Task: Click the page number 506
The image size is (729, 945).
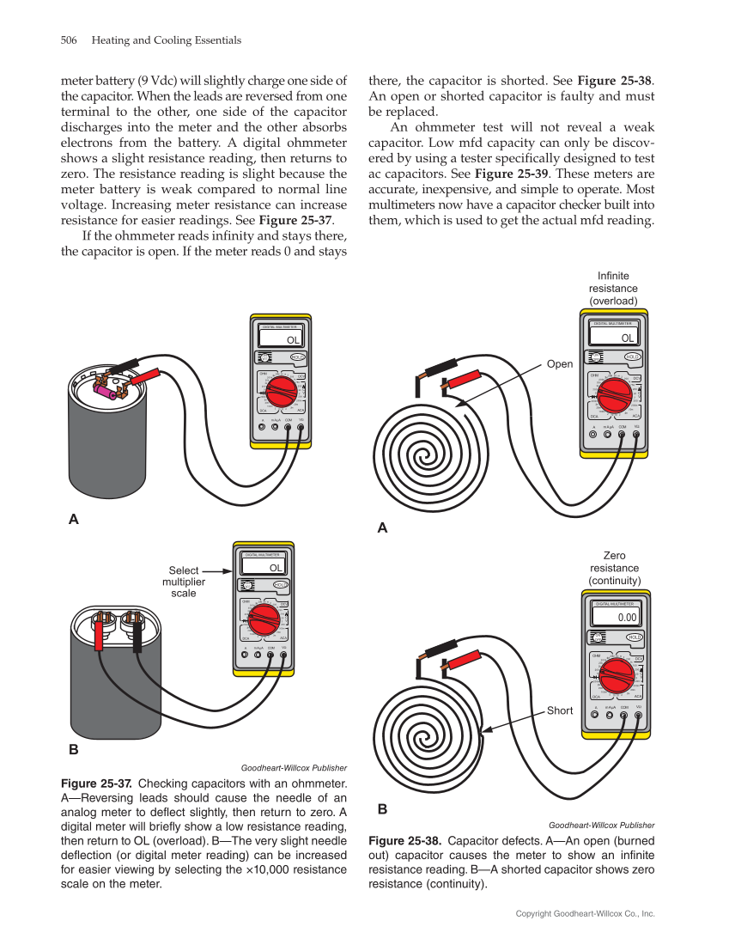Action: point(70,40)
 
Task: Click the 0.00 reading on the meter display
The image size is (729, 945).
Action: point(627,617)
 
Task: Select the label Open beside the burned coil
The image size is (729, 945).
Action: point(560,364)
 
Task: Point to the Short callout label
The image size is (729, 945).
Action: point(560,710)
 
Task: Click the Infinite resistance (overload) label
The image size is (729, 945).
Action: point(613,289)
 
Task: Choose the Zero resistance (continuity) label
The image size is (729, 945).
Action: point(614,568)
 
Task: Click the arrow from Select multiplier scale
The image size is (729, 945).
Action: point(218,570)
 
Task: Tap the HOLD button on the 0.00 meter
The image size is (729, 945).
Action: point(634,637)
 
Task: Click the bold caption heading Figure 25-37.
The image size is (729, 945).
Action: point(96,783)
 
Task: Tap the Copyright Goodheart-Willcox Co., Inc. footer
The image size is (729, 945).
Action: point(585,913)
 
